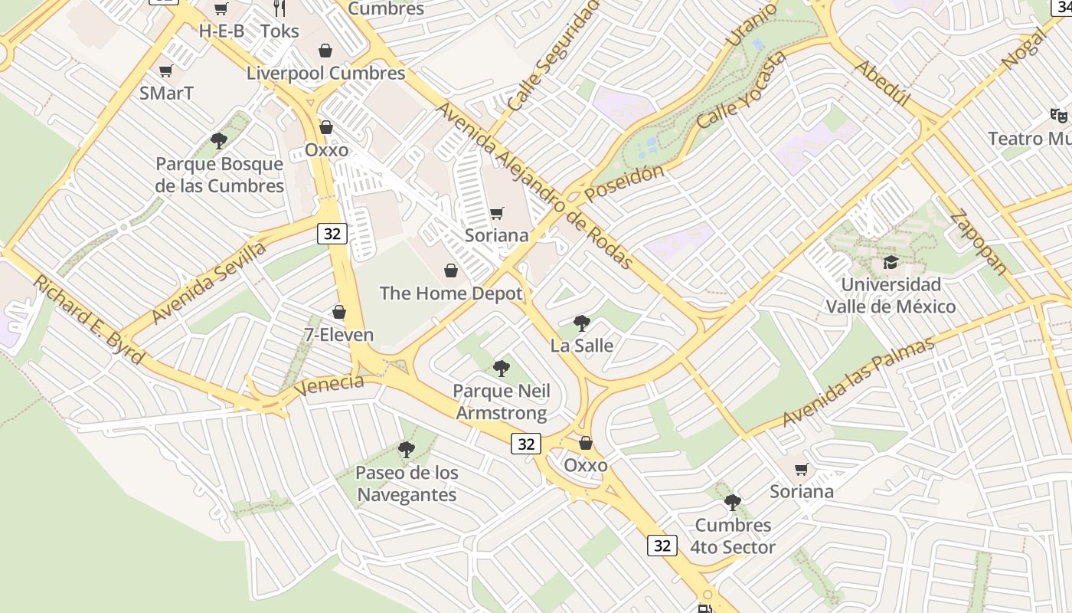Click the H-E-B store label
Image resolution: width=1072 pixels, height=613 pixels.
pyautogui.click(x=221, y=31)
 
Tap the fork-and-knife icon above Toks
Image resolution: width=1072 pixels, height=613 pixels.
pyautogui.click(x=279, y=9)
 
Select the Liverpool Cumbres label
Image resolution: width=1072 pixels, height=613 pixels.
pyautogui.click(x=326, y=73)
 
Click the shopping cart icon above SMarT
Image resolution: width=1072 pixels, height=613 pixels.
pyautogui.click(x=166, y=71)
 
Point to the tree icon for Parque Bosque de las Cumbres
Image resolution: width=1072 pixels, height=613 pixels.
pyautogui.click(x=219, y=141)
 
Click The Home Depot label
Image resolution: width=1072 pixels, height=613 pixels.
pyautogui.click(x=451, y=293)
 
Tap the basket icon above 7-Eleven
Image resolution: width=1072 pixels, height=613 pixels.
pyautogui.click(x=339, y=312)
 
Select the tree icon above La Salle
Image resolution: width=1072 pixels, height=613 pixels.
pyautogui.click(x=582, y=323)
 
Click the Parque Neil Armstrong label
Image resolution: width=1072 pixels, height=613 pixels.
pyautogui.click(x=502, y=402)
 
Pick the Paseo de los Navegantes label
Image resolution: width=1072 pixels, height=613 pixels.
pyautogui.click(x=407, y=484)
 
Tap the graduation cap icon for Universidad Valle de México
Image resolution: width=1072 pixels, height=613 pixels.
pyautogui.click(x=891, y=263)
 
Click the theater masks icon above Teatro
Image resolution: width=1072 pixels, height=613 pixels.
pyautogui.click(x=1059, y=116)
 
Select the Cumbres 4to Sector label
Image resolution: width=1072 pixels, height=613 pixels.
pyautogui.click(x=733, y=536)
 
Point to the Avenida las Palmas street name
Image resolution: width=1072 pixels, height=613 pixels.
pyautogui.click(x=858, y=382)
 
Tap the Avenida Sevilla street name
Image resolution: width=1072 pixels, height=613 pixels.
pyautogui.click(x=209, y=282)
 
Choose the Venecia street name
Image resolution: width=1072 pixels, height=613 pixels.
pyautogui.click(x=328, y=385)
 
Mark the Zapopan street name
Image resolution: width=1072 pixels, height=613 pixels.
pyautogui.click(x=979, y=242)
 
